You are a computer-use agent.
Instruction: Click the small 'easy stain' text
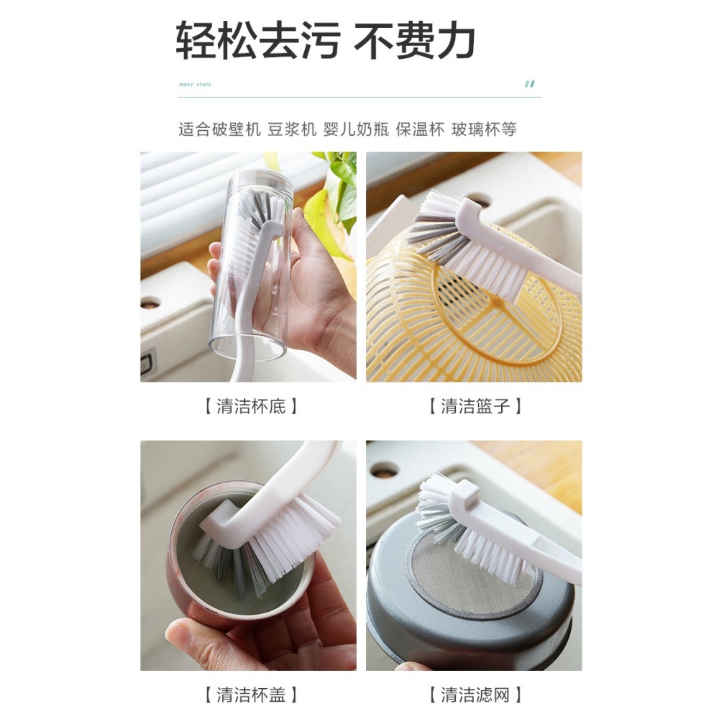pos(195,84)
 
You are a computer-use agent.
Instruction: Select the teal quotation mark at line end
pos(530,83)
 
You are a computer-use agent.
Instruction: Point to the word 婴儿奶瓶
pos(357,129)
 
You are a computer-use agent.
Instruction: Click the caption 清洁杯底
pos(249,406)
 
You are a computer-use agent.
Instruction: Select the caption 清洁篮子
pos(474,406)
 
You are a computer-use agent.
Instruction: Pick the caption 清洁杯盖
pos(249,695)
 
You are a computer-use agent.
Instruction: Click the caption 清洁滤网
pos(474,695)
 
